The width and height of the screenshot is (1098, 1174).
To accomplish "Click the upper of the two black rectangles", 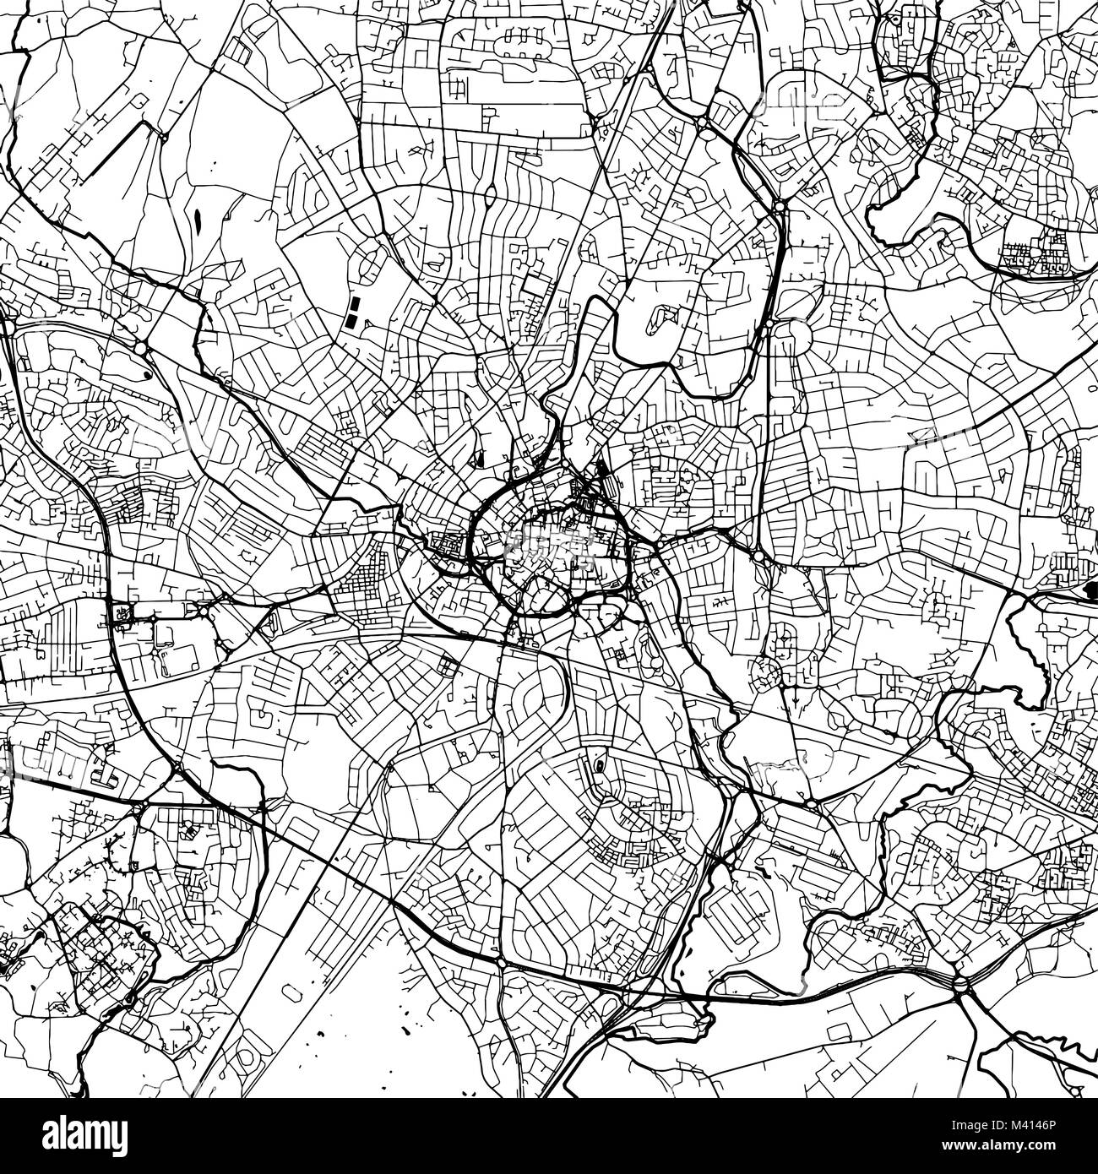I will coord(354,302).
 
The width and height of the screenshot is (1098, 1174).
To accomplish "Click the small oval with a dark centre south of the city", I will coord(599,766).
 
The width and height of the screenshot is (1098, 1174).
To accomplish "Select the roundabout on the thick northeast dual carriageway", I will coord(778,204).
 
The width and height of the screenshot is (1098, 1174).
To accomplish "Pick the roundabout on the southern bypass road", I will coord(500,962).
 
